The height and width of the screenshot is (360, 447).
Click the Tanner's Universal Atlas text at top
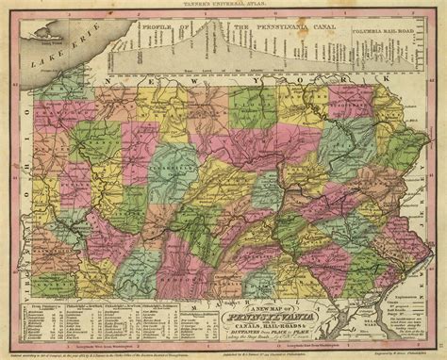(223, 4)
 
